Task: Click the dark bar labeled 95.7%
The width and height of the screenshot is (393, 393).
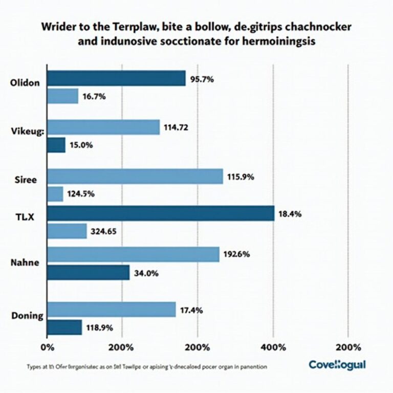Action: [x=116, y=78]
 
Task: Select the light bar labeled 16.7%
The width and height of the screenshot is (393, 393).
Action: [x=62, y=96]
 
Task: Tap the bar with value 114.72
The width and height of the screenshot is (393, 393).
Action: [x=103, y=127]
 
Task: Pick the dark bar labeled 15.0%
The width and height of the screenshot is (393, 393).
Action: [x=56, y=145]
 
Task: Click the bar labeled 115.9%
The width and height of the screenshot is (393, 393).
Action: [x=135, y=177]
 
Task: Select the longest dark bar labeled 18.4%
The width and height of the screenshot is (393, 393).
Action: [x=161, y=213]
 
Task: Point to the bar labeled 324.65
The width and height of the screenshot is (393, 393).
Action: [x=67, y=231]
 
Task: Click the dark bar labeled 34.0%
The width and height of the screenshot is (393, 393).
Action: [x=88, y=272]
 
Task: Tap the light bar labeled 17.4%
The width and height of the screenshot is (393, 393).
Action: [x=112, y=310]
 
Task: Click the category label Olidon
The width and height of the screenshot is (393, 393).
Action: [x=25, y=84]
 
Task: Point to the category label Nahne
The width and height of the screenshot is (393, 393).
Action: [x=25, y=263]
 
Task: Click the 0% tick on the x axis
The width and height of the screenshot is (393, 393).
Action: [x=47, y=347]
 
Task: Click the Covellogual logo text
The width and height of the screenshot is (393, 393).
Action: [x=337, y=365]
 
